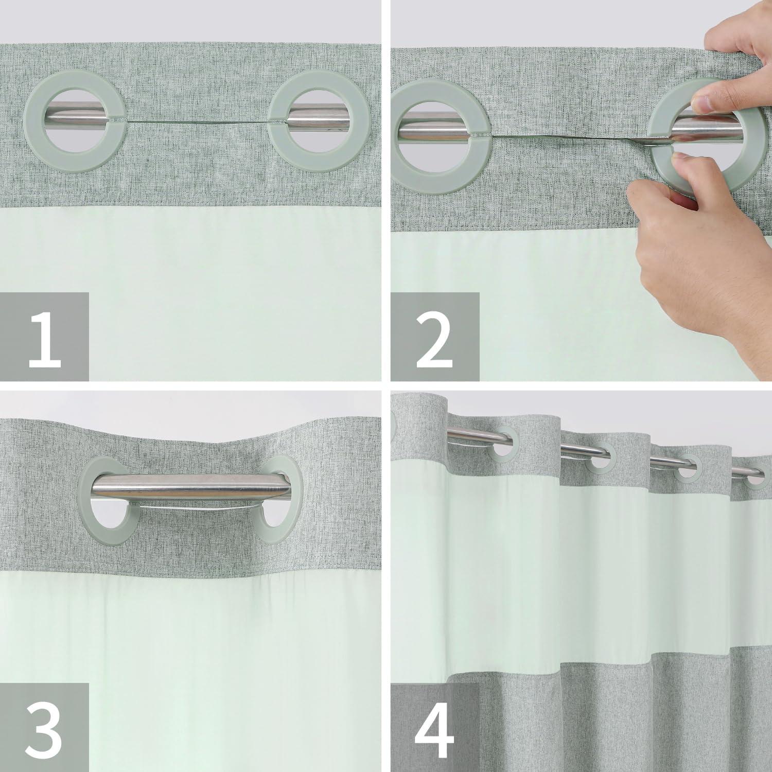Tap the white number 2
tap(435, 337)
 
